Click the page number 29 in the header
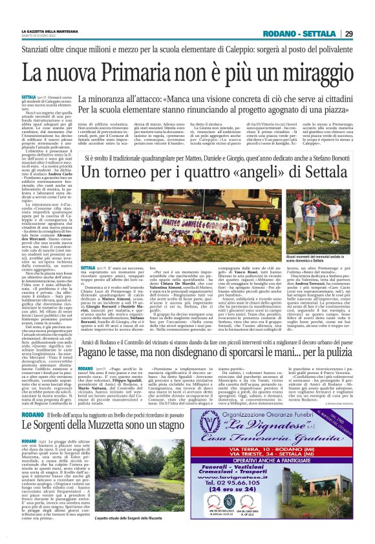click(348, 34)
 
